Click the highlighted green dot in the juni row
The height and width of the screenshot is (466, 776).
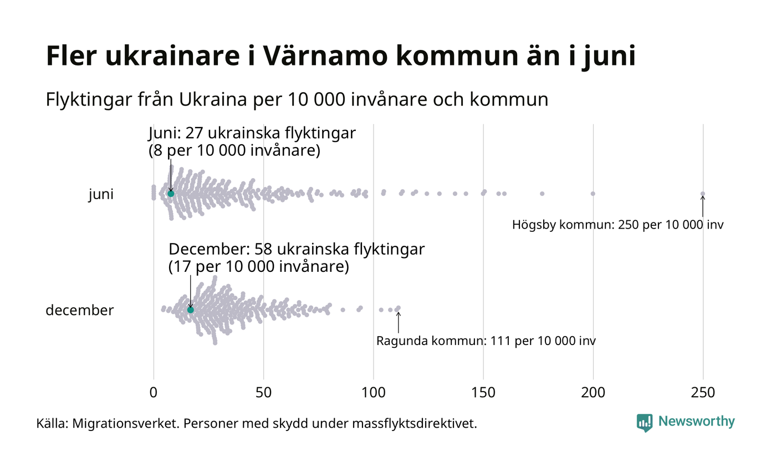(171, 194)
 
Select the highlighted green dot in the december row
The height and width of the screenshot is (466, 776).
(191, 310)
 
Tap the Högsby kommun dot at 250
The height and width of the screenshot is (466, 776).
(703, 194)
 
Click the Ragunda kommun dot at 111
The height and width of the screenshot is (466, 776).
(398, 308)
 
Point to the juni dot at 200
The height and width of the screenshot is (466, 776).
(593, 194)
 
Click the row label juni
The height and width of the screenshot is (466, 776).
(101, 195)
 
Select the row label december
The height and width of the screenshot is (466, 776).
(79, 310)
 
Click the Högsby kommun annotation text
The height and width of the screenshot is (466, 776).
(618, 225)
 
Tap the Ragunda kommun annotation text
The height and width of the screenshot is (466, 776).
(486, 341)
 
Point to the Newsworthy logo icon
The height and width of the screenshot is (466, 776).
(644, 423)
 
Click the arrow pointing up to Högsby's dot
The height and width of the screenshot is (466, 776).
(703, 206)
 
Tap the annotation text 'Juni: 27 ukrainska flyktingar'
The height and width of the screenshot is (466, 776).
(252, 134)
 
